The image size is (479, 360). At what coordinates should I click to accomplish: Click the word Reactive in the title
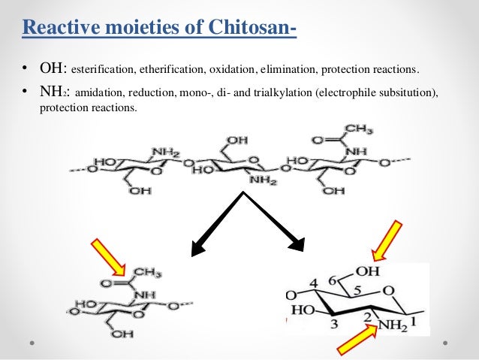(x=57, y=29)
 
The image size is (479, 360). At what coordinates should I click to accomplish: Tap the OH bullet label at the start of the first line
(x=53, y=70)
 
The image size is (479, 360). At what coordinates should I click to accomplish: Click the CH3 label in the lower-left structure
(x=143, y=273)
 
